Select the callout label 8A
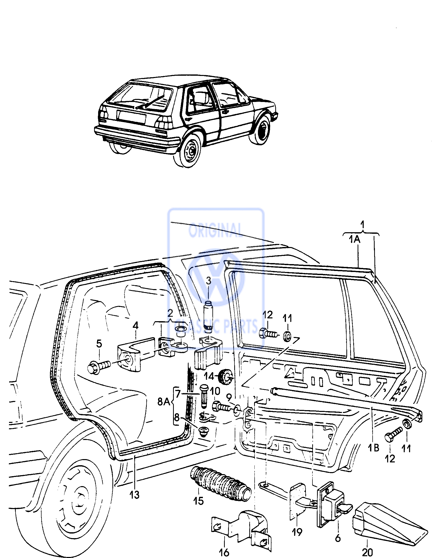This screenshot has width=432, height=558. pos(164,409)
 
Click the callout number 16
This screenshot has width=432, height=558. pos(224,553)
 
